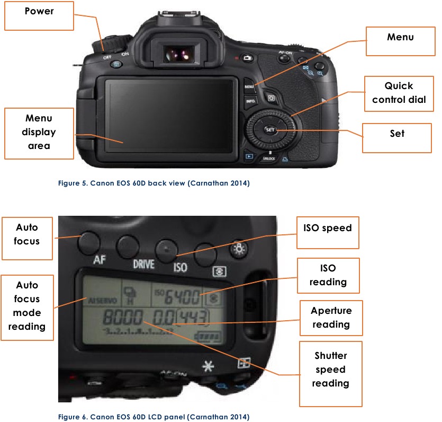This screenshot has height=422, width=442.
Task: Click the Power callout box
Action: click(x=39, y=15)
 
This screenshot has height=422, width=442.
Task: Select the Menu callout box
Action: click(x=400, y=41)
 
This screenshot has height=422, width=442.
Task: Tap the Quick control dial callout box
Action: click(x=399, y=93)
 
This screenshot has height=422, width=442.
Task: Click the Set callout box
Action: click(x=396, y=137)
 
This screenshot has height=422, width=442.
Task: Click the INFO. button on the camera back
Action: click(x=250, y=100)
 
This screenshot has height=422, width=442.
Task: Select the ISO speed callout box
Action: click(x=327, y=232)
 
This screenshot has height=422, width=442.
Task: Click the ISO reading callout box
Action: click(x=328, y=276)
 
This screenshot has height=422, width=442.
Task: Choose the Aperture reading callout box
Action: click(x=331, y=318)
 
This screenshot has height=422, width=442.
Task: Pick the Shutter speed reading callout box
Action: click(x=330, y=370)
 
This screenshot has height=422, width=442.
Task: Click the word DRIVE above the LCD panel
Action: click(x=143, y=263)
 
